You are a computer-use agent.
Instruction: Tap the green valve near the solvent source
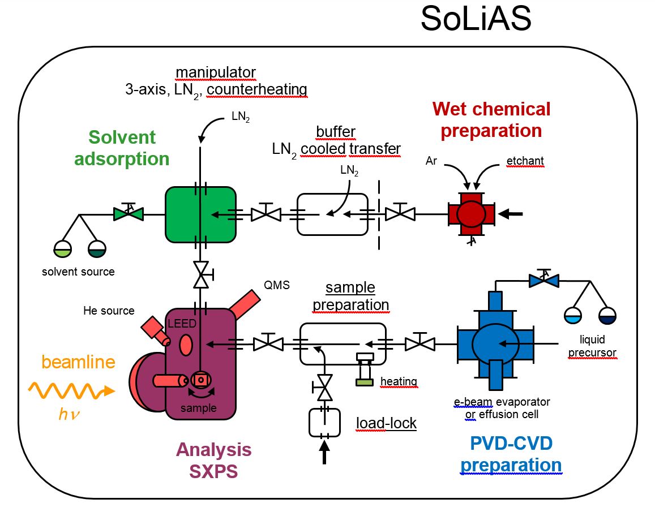tap(129, 213)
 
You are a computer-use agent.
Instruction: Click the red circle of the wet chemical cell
tap(472, 214)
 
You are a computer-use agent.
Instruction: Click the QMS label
tap(277, 286)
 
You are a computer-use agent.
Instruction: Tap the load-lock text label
tap(386, 423)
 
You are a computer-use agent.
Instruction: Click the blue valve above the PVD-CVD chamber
tap(543, 279)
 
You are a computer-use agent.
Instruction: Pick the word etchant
tap(524, 161)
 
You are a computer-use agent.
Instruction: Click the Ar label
tap(432, 161)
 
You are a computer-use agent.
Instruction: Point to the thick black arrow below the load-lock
tap(324, 453)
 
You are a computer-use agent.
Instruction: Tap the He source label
tap(109, 311)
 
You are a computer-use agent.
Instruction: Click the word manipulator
tap(215, 72)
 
